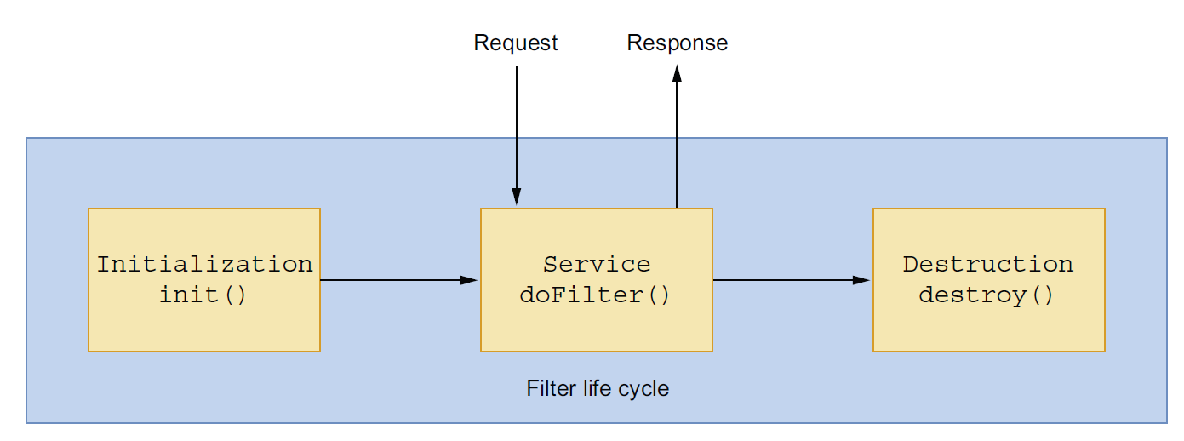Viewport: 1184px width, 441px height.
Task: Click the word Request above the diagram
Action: point(515,43)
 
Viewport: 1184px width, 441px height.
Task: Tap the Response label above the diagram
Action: point(677,43)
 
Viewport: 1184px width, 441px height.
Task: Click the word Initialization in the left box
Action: point(204,265)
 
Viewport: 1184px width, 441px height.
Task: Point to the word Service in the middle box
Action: point(597,265)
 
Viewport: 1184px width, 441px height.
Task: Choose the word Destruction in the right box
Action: point(988,265)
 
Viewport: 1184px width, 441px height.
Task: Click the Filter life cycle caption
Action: point(598,389)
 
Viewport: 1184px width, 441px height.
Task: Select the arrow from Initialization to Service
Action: point(399,280)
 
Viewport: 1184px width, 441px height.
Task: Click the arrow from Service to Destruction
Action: point(792,280)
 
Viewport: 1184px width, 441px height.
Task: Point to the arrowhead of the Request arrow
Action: point(517,196)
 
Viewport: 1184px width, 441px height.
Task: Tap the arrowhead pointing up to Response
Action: point(677,73)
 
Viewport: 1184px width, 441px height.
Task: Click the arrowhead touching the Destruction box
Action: point(861,280)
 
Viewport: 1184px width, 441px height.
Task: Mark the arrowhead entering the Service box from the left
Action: point(469,280)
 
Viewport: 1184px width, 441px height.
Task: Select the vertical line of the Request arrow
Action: point(517,127)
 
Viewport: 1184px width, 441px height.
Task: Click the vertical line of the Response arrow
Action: point(677,145)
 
